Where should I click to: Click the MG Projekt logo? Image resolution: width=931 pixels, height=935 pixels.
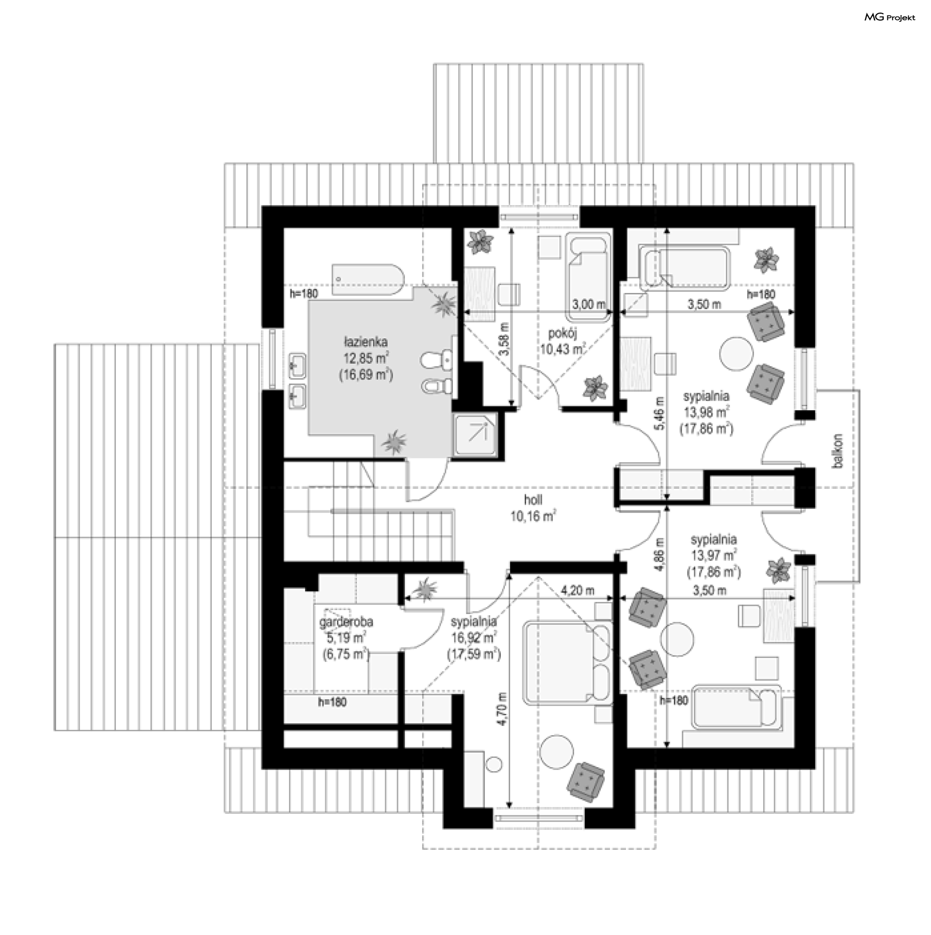point(890,17)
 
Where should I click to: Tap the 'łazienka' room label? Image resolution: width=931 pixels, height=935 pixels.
point(365,342)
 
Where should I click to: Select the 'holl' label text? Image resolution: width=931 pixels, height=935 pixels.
point(533,500)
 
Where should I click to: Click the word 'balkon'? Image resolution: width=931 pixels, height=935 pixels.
point(837,451)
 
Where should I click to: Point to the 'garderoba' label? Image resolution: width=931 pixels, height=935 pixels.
point(346,622)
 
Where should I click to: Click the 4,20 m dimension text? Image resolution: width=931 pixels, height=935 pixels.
point(578,591)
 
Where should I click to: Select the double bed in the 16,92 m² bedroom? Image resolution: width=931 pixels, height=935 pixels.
point(567,663)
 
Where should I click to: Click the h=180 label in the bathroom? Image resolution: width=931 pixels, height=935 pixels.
point(304,293)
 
